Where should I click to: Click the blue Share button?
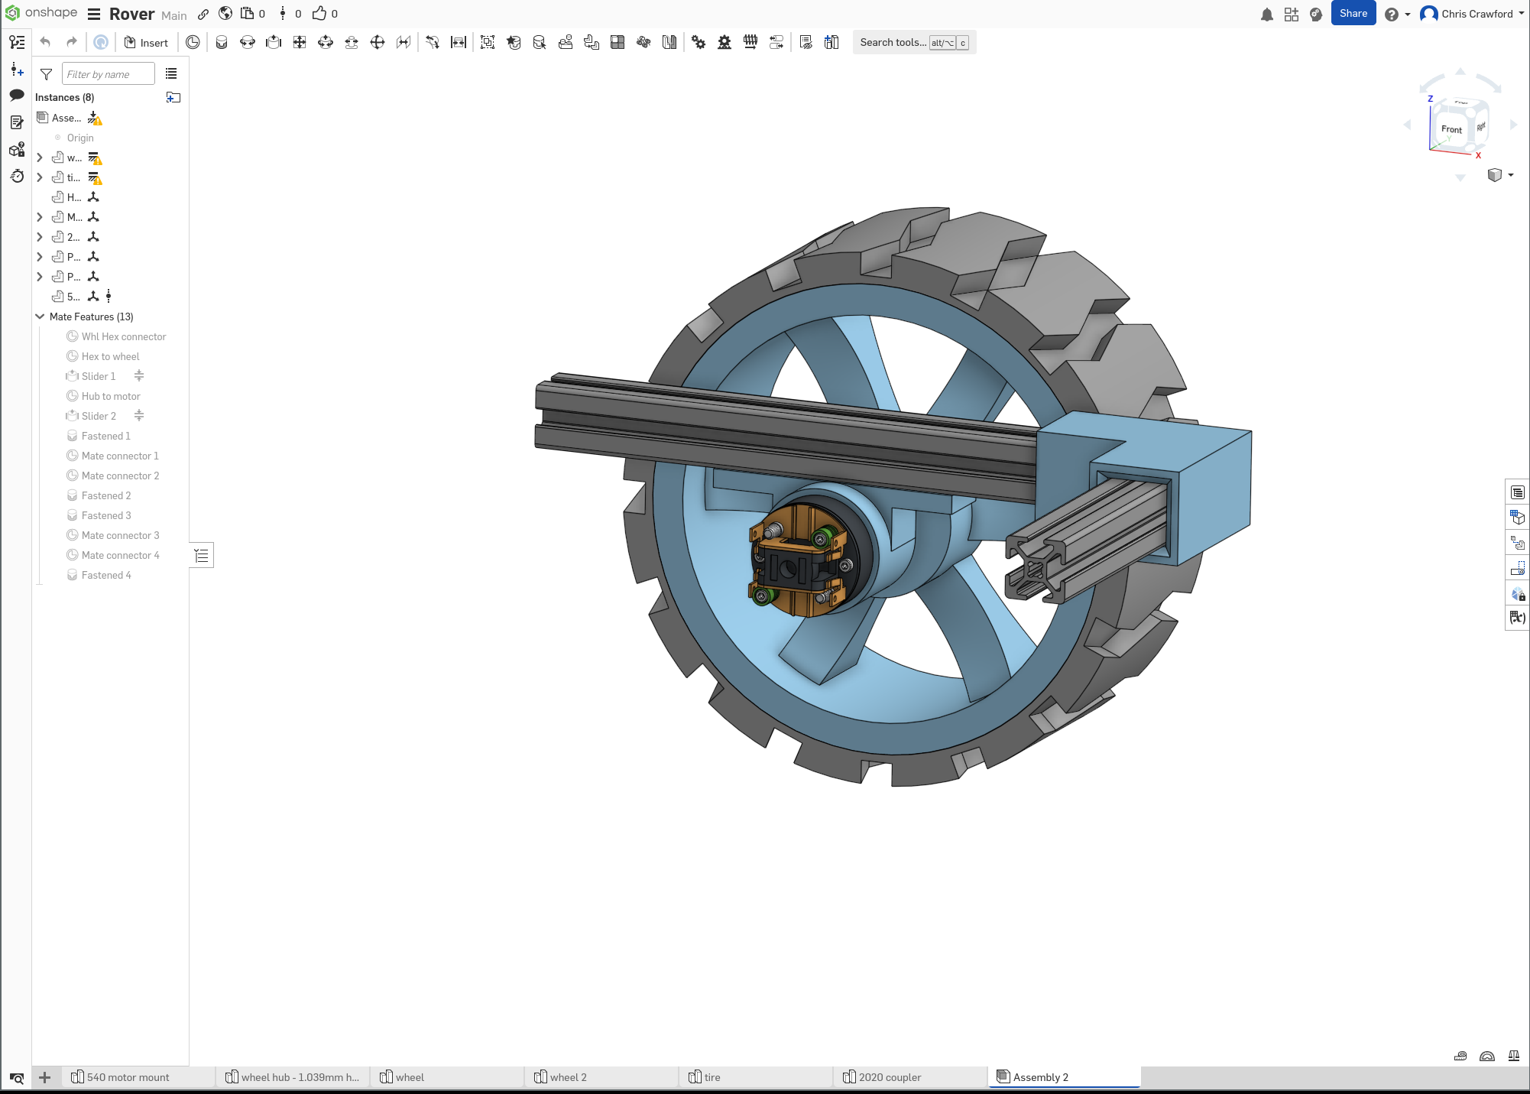click(1353, 14)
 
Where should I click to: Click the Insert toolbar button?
click(146, 43)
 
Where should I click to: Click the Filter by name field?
click(107, 74)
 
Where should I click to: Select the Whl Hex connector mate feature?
click(123, 336)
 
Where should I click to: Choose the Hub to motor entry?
click(111, 396)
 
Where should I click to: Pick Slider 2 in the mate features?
click(99, 416)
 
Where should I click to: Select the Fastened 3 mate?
click(106, 515)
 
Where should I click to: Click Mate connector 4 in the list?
click(120, 555)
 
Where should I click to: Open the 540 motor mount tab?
click(128, 1077)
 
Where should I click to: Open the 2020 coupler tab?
click(890, 1077)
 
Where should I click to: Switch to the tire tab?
click(712, 1077)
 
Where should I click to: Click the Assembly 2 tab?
click(1040, 1077)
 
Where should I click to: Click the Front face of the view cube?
click(1451, 130)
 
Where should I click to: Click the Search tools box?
click(893, 43)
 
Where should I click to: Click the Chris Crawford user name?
click(1477, 14)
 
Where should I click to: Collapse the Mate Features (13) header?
click(40, 317)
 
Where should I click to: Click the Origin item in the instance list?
click(79, 138)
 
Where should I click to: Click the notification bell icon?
click(1266, 15)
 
